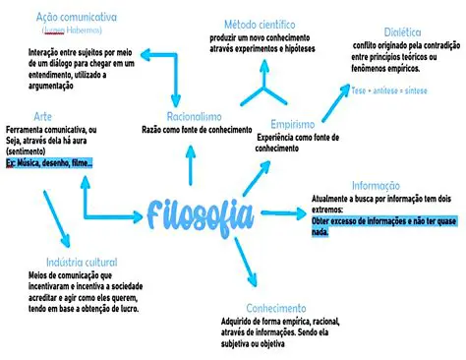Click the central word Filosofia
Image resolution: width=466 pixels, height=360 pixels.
click(x=204, y=211)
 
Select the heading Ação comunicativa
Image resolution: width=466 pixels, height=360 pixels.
click(x=76, y=18)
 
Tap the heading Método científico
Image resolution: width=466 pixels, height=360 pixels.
click(x=261, y=23)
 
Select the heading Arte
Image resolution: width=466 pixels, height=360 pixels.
click(x=42, y=117)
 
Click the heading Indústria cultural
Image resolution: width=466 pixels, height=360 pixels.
click(x=82, y=263)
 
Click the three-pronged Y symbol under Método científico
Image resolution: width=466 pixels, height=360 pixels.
click(x=262, y=87)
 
